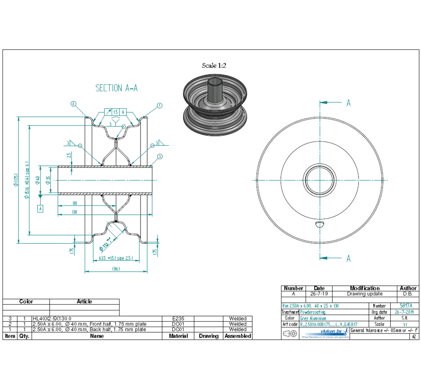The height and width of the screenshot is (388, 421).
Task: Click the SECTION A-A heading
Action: (x=116, y=88)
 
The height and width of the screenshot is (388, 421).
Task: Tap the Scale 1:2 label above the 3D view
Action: (x=214, y=66)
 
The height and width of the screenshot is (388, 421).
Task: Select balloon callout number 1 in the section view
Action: (x=159, y=106)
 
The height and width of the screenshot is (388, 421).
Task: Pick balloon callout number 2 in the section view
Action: (x=73, y=103)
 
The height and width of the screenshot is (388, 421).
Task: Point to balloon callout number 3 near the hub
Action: (x=160, y=156)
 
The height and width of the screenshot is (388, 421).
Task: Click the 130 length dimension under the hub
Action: (x=75, y=212)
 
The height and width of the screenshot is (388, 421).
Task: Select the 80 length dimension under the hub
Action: (x=75, y=203)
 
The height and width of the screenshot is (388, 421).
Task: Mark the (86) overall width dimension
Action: (x=116, y=269)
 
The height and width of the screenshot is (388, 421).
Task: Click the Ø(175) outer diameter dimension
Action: (x=16, y=180)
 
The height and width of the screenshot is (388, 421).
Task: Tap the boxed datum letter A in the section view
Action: (x=40, y=208)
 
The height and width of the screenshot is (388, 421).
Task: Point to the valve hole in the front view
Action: (x=320, y=224)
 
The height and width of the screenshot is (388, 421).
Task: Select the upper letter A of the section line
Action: (x=349, y=103)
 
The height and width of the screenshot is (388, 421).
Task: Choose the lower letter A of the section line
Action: (x=349, y=258)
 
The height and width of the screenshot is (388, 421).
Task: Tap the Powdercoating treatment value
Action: (x=313, y=312)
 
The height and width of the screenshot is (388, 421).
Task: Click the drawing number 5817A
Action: (x=406, y=306)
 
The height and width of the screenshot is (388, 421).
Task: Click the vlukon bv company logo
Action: (x=333, y=332)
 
